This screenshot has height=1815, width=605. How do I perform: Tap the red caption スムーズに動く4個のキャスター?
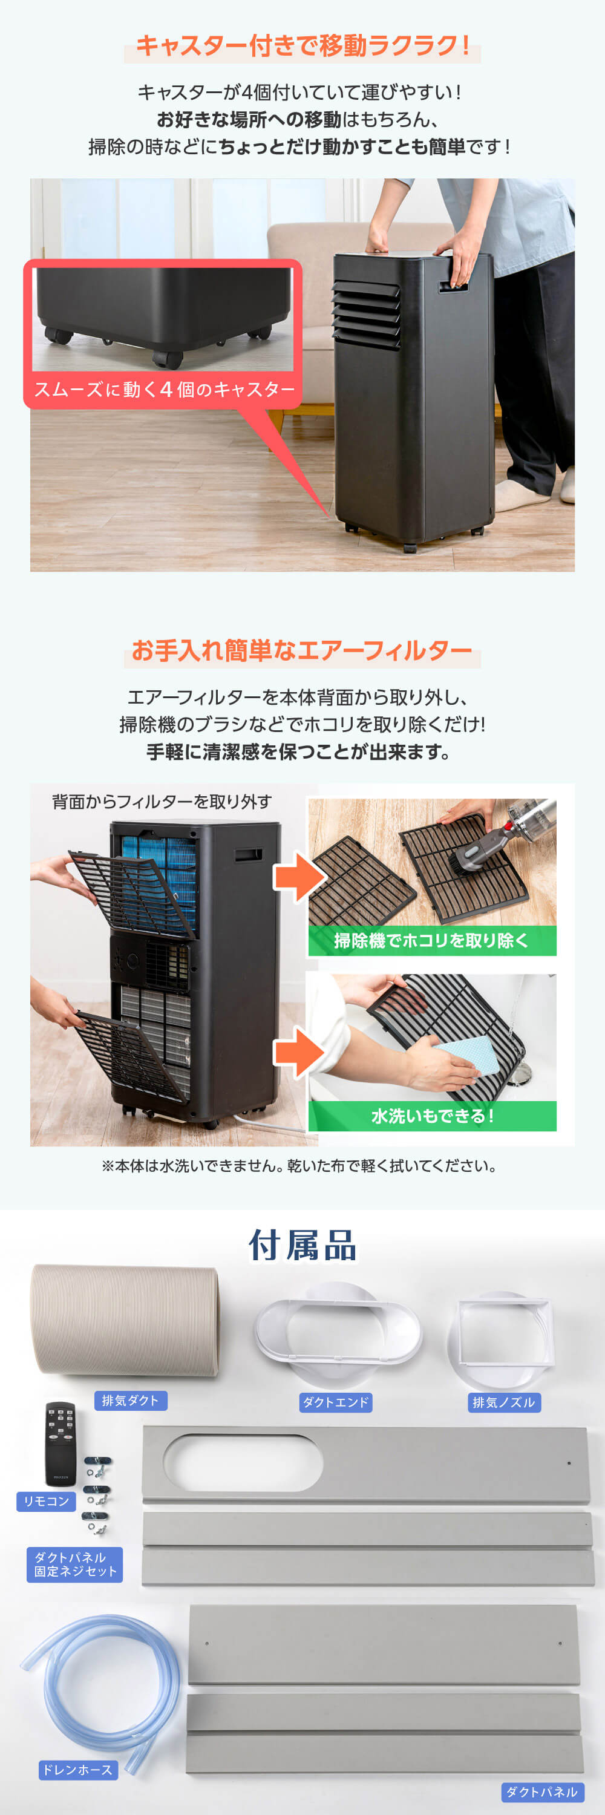pos(164,390)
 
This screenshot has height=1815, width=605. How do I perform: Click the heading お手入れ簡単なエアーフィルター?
pos(302,650)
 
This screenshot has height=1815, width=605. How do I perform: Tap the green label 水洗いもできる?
pos(432,1116)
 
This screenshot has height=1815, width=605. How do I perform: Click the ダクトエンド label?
pos(335,1402)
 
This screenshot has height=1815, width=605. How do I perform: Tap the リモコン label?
pos(47,1502)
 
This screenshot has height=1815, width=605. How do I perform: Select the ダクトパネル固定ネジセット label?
pos(74,1564)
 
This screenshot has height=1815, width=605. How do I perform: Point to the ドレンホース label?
pos(77,1770)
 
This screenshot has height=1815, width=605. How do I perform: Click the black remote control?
pos(60,1444)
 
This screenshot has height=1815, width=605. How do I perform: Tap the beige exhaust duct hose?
pos(125,1320)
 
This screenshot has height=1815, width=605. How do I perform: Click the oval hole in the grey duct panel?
pos(243,1462)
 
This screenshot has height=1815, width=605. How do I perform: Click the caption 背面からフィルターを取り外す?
pos(162,802)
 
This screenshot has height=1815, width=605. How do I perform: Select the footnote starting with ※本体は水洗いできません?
pos(299,1166)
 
